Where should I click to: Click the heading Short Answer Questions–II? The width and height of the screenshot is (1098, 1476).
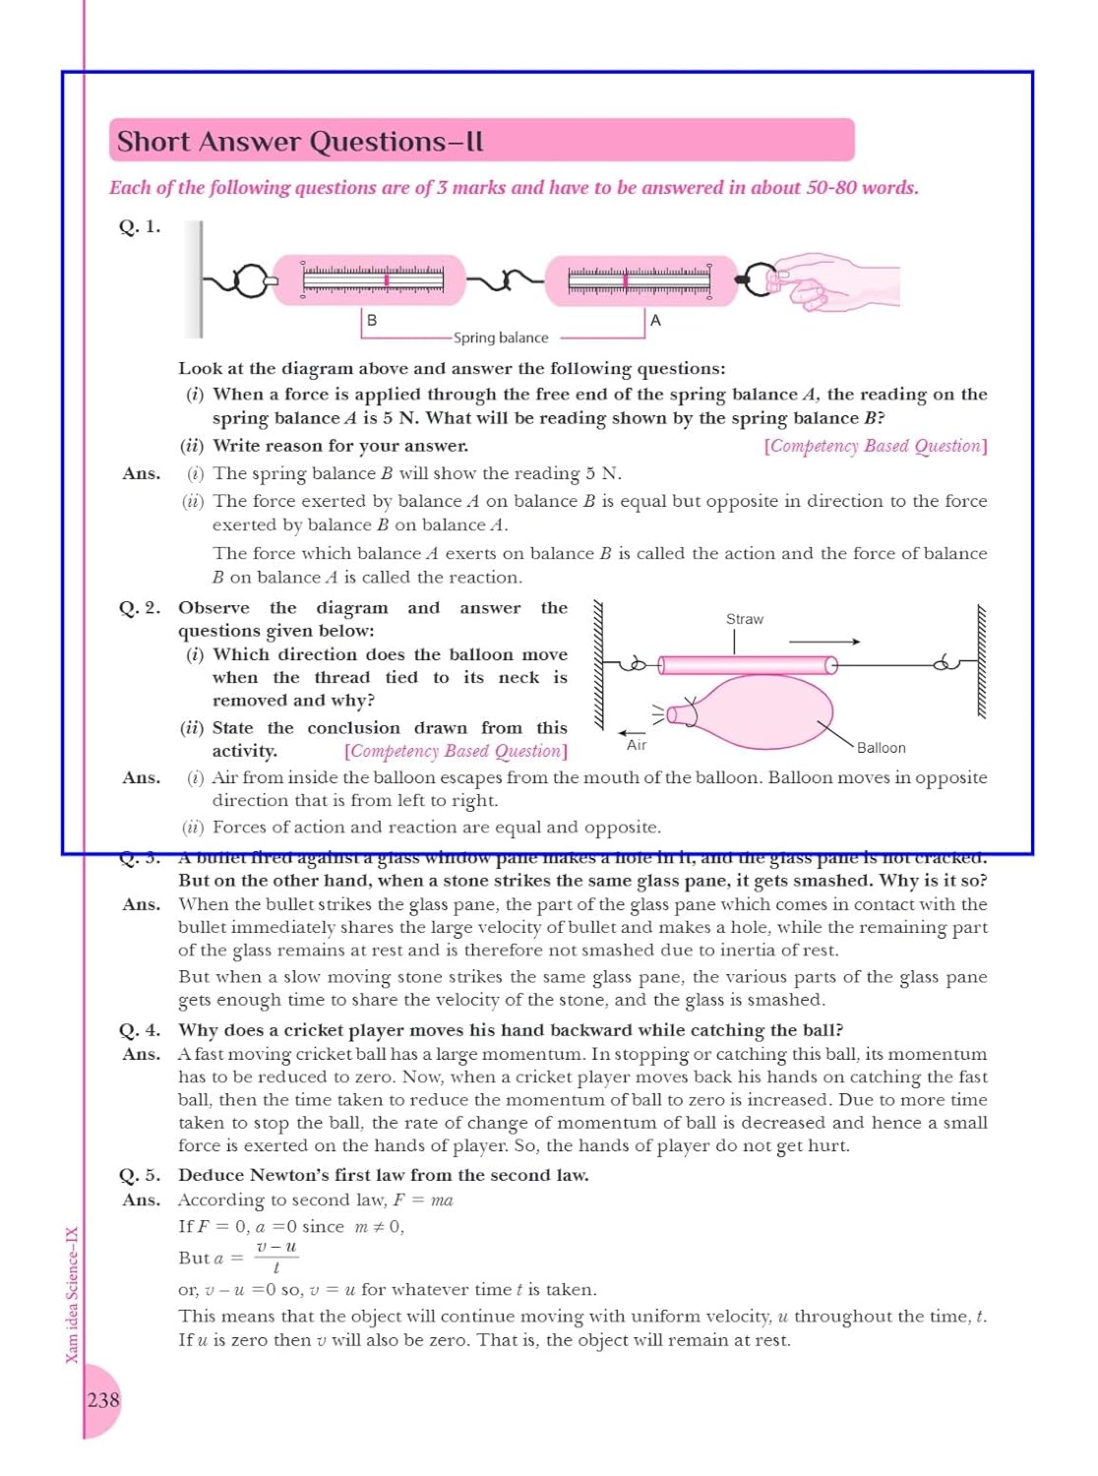[300, 142]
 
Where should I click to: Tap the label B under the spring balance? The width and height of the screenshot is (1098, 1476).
[372, 320]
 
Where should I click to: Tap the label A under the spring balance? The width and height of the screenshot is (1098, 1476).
[655, 320]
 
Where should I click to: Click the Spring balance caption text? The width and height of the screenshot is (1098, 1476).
[501, 338]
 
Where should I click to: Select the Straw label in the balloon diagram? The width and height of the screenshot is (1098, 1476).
[745, 619]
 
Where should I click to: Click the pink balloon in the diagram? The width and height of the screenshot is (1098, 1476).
[762, 711]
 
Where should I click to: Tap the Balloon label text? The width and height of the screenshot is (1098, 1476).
[881, 748]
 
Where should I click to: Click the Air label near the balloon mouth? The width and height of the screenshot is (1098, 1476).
[637, 745]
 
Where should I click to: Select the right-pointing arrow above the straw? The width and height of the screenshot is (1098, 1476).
[824, 642]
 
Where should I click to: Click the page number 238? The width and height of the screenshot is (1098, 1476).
[103, 1399]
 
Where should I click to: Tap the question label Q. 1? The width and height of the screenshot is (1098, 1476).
[140, 226]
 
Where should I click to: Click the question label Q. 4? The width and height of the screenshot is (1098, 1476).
[140, 1030]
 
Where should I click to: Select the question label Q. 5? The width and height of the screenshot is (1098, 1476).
[140, 1175]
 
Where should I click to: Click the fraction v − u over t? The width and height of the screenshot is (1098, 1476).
[276, 1258]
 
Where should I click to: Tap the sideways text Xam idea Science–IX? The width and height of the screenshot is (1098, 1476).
[72, 1294]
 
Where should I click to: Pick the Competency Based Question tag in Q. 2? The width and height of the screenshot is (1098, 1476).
[456, 751]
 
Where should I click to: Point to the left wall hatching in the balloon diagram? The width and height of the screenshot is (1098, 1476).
[597, 664]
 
